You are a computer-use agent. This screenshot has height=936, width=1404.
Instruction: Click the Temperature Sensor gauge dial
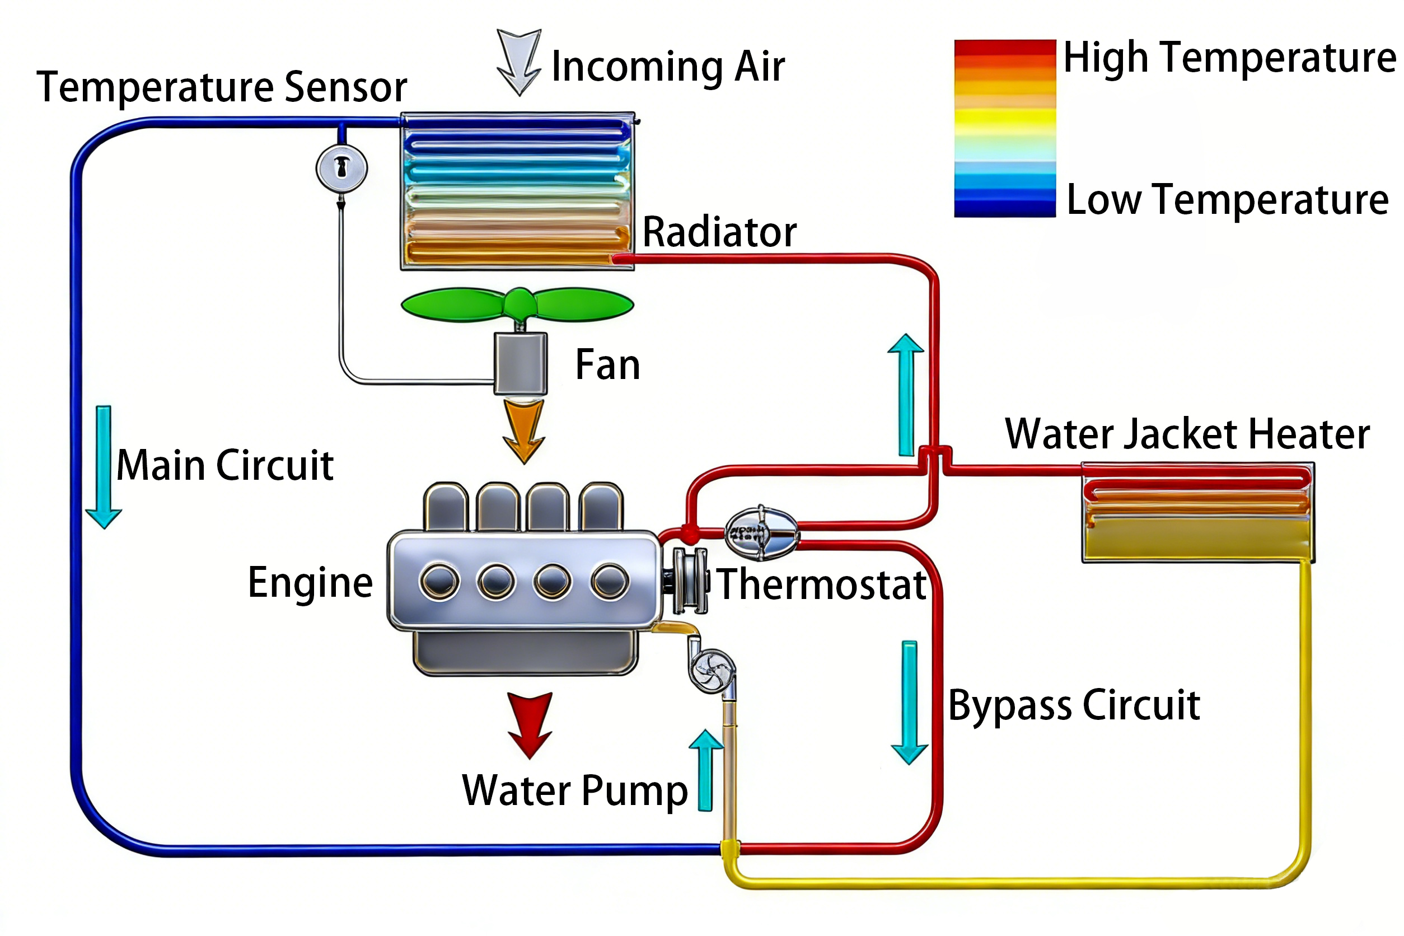[341, 168]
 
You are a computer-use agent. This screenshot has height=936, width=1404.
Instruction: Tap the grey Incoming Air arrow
[519, 60]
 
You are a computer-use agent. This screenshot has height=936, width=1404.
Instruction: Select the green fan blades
[517, 305]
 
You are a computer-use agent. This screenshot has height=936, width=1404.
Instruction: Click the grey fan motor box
[520, 363]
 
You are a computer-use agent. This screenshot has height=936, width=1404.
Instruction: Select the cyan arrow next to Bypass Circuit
[909, 702]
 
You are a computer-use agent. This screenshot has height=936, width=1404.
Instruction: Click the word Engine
[310, 582]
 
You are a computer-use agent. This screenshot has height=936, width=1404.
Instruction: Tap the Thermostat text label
[822, 584]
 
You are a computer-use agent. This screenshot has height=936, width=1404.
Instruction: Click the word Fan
[607, 365]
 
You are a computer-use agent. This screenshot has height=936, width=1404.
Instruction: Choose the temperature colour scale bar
[1005, 128]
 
